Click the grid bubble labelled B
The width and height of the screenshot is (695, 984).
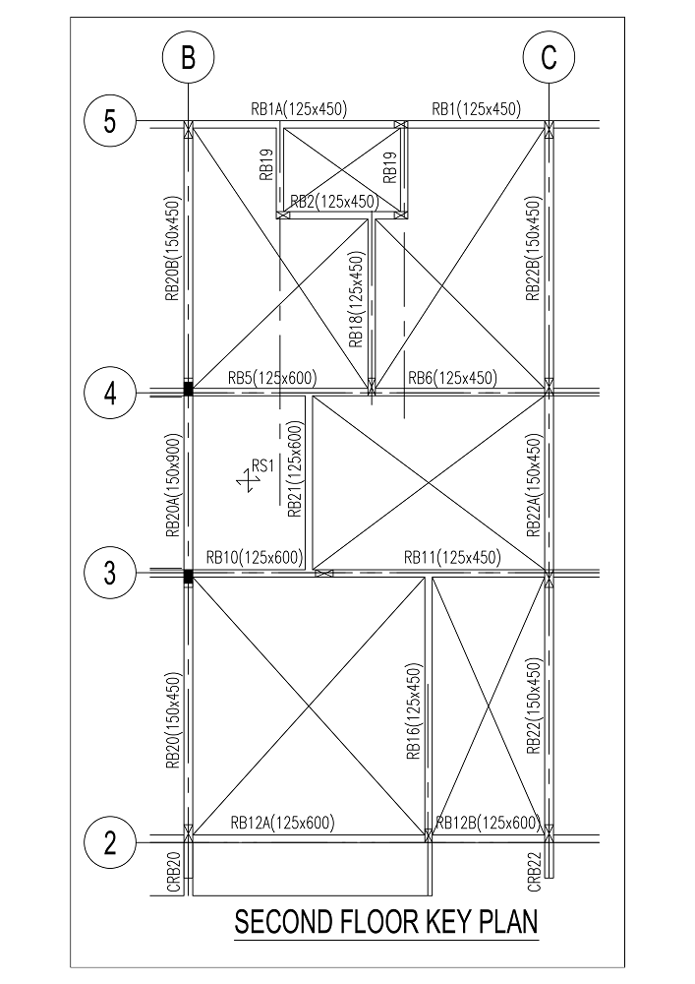click(x=188, y=58)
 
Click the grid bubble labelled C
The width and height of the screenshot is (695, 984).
click(x=549, y=58)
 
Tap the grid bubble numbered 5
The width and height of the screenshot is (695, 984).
click(x=110, y=120)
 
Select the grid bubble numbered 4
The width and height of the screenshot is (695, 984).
click(x=110, y=395)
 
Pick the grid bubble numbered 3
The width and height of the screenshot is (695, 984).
click(x=110, y=573)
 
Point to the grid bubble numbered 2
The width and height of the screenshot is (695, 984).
click(x=110, y=843)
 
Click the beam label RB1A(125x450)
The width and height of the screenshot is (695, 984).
click(x=299, y=109)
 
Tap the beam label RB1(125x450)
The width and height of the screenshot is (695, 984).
click(x=477, y=109)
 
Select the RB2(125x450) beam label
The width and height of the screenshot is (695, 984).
click(x=335, y=202)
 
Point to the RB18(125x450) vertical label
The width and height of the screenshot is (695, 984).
click(x=357, y=299)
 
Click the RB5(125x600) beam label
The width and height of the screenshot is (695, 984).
click(x=272, y=378)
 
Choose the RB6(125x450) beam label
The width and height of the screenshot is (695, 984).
click(x=452, y=378)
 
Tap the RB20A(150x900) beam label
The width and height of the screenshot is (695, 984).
click(x=173, y=485)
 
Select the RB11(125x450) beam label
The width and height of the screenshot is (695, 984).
click(x=452, y=557)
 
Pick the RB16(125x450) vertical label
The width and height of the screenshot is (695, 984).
click(x=415, y=711)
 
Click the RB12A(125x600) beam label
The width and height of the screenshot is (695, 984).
click(x=283, y=822)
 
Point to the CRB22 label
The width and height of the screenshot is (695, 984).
click(x=534, y=871)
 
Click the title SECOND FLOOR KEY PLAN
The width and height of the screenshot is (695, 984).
click(x=386, y=923)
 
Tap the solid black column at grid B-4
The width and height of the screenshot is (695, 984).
click(x=188, y=389)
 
